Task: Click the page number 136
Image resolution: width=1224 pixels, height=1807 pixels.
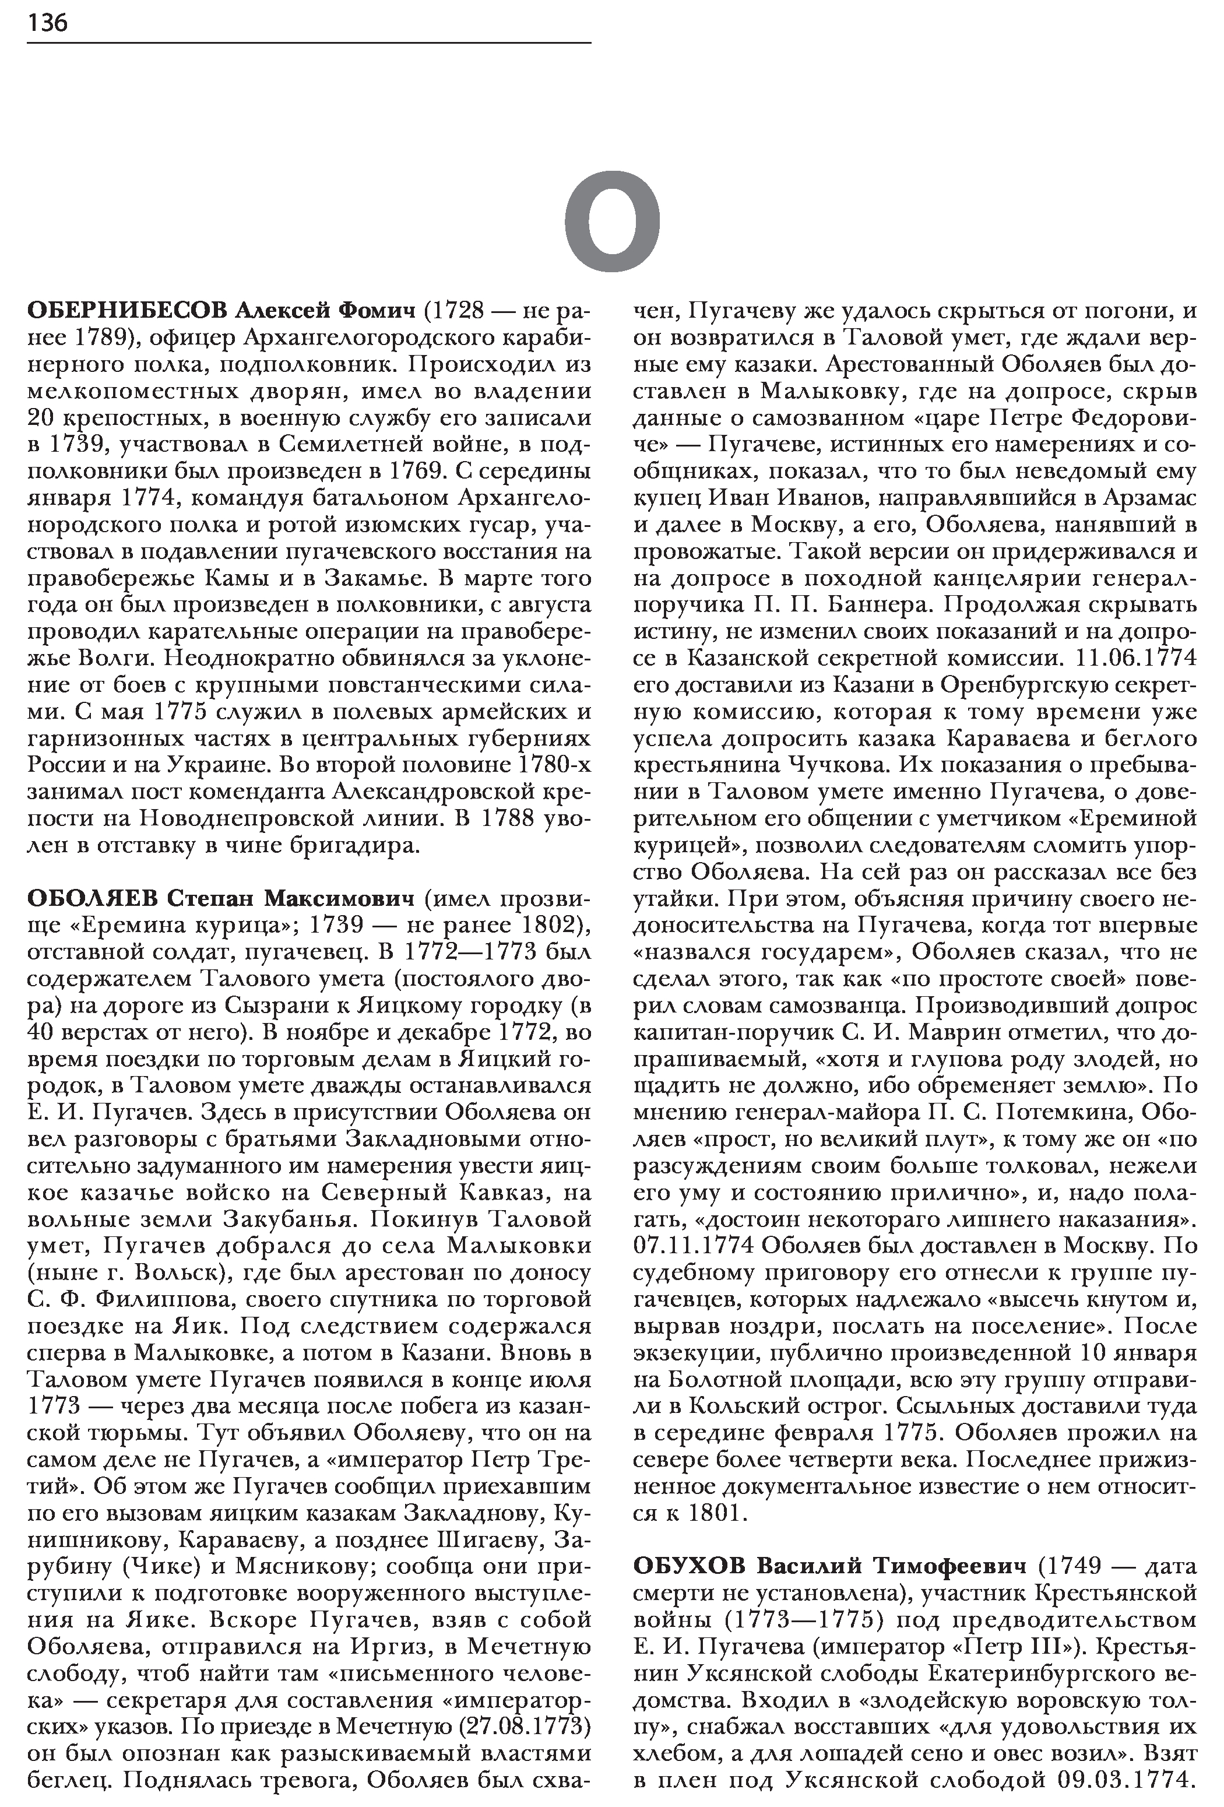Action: [x=47, y=23]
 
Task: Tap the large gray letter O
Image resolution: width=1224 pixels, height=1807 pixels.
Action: [x=612, y=221]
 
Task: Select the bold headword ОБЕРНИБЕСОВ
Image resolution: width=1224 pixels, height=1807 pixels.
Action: [x=126, y=311]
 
